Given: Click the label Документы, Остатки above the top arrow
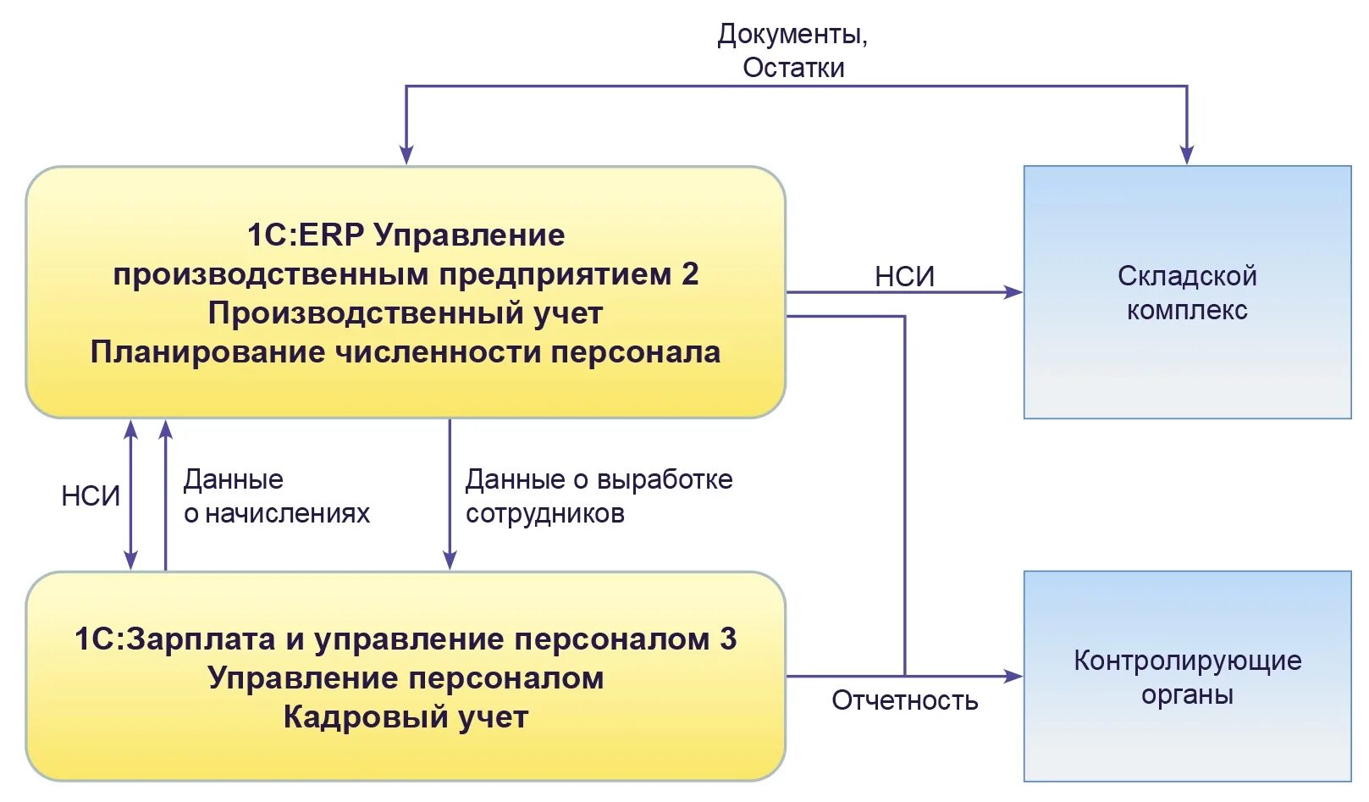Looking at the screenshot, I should [792, 51].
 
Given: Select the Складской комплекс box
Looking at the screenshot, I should [1186, 292].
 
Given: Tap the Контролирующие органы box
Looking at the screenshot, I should [1186, 677].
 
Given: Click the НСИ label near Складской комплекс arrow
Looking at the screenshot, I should [904, 276].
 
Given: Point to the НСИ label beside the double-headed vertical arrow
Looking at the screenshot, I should [91, 495].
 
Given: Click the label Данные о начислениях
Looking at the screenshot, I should [276, 496].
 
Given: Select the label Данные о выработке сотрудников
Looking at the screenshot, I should [598, 496].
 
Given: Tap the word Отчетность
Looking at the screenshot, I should [904, 700].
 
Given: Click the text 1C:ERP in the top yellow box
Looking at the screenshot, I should [305, 235].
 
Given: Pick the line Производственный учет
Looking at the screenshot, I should [406, 313].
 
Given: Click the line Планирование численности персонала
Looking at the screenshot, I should [406, 352].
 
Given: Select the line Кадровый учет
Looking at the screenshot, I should [406, 717].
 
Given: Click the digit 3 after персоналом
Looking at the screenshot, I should [728, 639].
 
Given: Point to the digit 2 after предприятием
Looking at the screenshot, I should [690, 274].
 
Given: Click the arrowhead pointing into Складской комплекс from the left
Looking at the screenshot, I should [1013, 292].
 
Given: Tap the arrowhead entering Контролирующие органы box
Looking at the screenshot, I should [1013, 676].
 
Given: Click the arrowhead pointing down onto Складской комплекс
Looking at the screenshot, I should [1186, 154].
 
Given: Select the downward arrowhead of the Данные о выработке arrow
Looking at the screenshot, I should [450, 559].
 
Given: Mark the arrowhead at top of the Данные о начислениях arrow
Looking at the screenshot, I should [166, 429].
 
